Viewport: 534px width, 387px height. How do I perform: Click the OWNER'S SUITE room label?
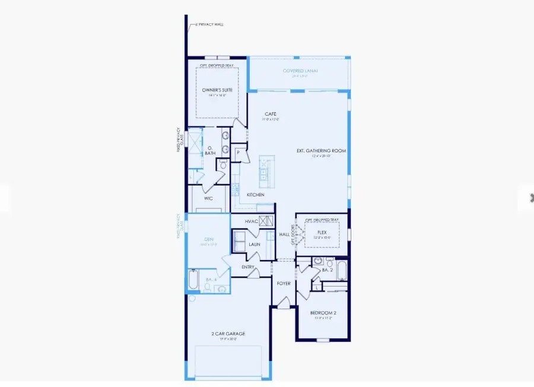point(217,90)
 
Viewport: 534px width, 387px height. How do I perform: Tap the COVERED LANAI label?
point(301,71)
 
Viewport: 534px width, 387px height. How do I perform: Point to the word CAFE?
point(271,114)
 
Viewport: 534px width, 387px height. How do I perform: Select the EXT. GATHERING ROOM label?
point(321,151)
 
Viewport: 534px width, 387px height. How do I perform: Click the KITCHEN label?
point(256,195)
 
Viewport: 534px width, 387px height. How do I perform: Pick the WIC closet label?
point(208,198)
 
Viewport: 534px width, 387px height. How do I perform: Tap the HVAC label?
point(250,221)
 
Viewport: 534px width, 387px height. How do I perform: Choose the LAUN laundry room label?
point(255,244)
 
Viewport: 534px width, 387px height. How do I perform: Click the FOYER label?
point(284,284)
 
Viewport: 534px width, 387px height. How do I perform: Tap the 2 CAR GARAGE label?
point(228,334)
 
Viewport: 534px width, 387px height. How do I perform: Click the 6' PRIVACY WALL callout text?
point(206,25)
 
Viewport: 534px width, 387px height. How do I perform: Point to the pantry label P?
point(238,153)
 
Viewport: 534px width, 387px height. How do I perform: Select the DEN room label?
point(208,240)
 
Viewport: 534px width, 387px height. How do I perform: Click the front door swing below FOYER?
point(284,304)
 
